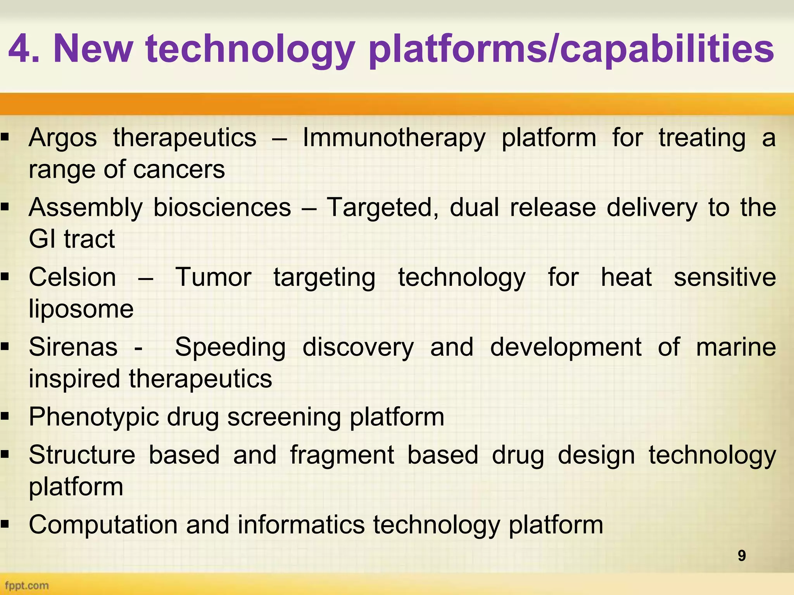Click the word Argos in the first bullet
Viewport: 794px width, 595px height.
click(62, 138)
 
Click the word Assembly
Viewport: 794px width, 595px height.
click(86, 208)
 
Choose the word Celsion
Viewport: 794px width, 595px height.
click(72, 278)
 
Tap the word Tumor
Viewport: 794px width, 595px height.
click(213, 278)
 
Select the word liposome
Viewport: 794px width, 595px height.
click(81, 310)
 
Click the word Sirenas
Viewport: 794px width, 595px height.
click(73, 347)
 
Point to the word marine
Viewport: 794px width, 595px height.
click(736, 347)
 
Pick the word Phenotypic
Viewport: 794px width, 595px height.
click(94, 418)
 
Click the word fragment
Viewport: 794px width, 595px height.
click(342, 455)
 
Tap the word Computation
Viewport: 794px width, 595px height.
click(103, 525)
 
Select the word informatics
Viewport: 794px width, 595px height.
click(301, 525)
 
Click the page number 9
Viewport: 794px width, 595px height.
click(741, 555)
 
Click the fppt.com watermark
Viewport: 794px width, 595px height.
click(27, 585)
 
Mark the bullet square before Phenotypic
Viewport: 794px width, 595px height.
click(5, 417)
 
